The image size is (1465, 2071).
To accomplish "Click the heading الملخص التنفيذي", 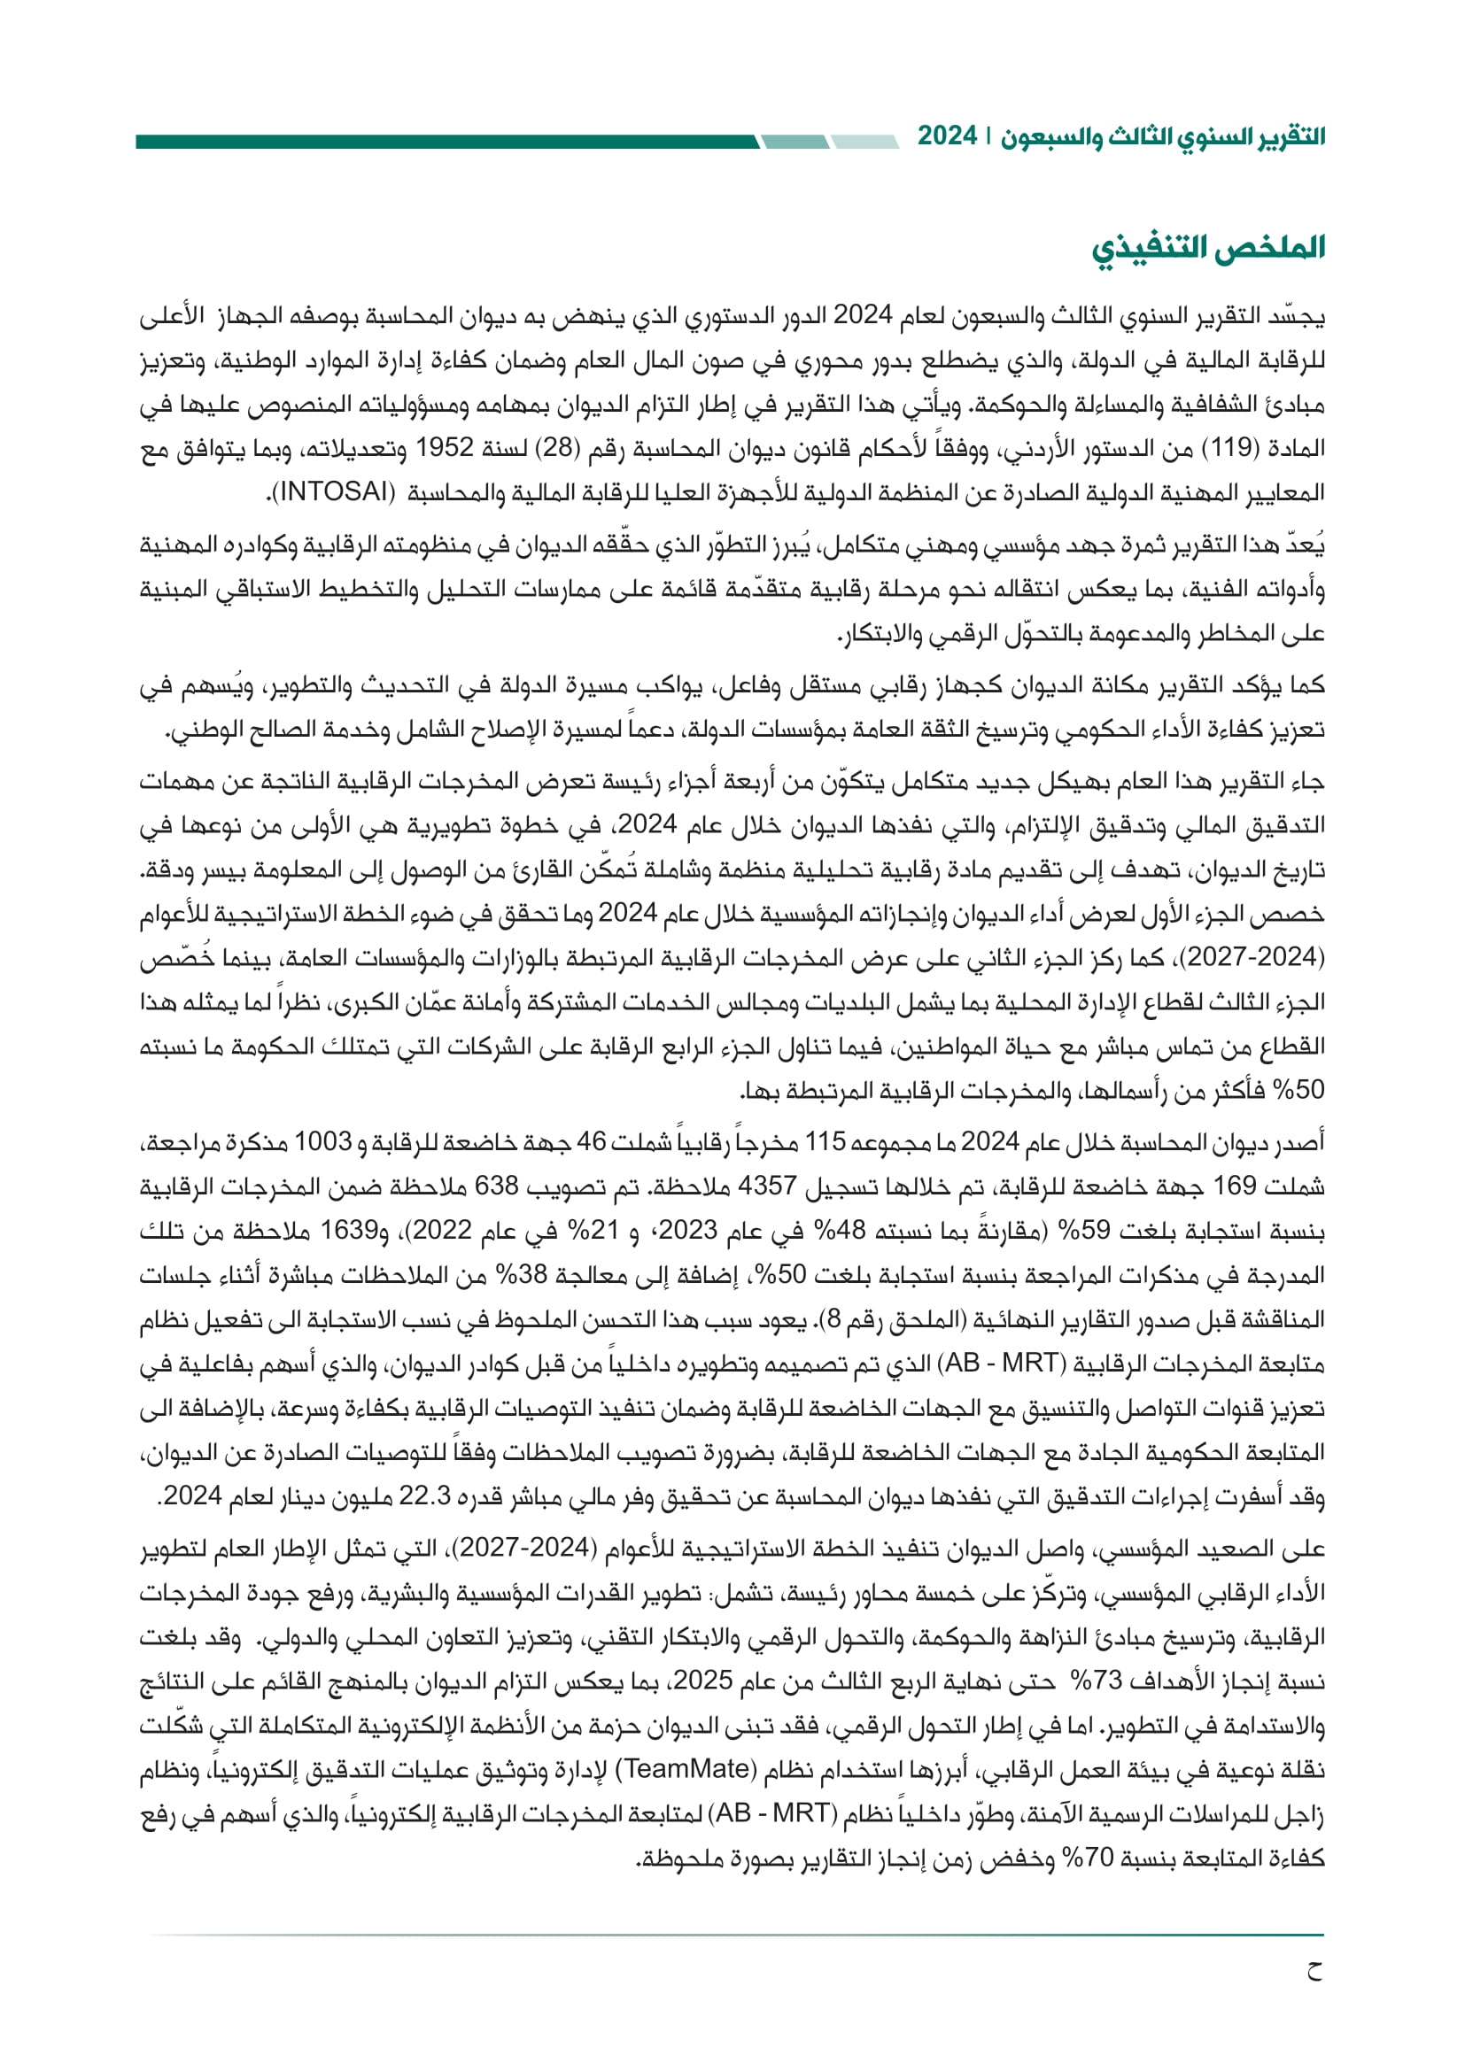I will tap(1208, 248).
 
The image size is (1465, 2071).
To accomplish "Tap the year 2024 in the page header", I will tap(947, 137).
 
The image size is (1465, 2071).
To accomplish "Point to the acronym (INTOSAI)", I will tap(333, 492).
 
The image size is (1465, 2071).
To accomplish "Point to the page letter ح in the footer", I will tap(1314, 1972).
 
